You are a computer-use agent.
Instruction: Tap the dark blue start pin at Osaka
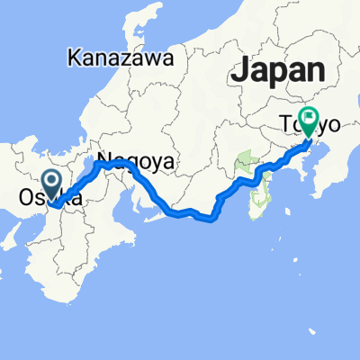(x=51, y=184)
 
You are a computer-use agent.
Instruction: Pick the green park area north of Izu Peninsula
(x=244, y=166)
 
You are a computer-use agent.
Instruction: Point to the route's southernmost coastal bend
(x=210, y=217)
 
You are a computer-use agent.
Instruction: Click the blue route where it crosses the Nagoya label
(x=117, y=164)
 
